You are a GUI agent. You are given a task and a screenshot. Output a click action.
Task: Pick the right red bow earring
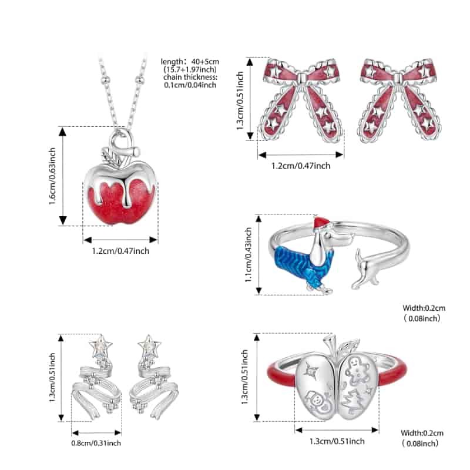coord(400,100)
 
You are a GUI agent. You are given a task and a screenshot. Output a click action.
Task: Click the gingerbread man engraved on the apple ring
coord(357,370)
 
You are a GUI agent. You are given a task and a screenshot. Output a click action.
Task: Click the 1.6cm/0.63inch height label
coord(53,176)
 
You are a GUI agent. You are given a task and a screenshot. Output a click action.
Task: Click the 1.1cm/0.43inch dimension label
coord(249,254)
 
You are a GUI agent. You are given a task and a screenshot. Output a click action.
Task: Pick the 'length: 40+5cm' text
coord(189,62)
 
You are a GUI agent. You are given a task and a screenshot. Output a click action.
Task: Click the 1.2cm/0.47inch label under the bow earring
coord(300,166)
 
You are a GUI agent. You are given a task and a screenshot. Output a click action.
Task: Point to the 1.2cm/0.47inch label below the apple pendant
coord(120,251)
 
